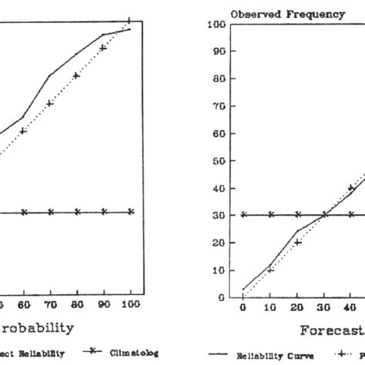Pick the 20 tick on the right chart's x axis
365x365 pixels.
[x=297, y=307]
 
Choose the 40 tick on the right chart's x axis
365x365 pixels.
[x=351, y=307]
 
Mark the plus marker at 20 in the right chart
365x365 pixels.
[x=297, y=242]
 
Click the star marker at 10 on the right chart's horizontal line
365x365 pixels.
[x=270, y=215]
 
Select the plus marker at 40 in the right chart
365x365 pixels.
[x=351, y=187]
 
